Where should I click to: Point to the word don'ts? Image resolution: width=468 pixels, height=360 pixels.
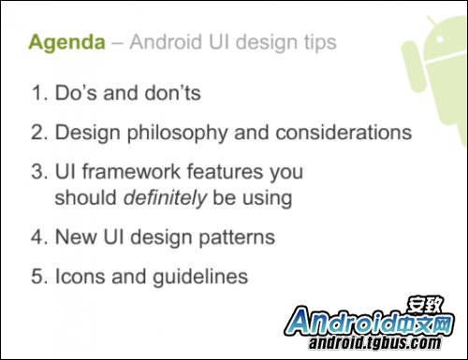pos(170,94)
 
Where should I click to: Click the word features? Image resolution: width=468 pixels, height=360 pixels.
pos(215,173)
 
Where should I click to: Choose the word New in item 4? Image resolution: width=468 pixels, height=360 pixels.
pos(76,238)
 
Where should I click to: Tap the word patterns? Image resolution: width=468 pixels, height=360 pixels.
pos(241,238)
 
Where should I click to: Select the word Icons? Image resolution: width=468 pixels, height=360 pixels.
pos(80,277)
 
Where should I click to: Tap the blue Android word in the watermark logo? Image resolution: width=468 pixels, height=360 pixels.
pos(346,321)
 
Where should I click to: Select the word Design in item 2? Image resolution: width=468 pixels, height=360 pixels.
pos(81,133)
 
